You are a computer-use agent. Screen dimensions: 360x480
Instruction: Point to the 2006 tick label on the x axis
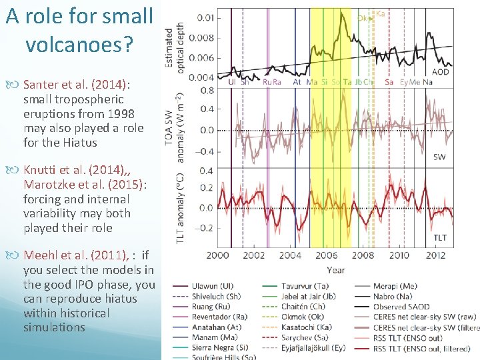pos(327,256)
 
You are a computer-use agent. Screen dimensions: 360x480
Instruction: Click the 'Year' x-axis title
pos(336,269)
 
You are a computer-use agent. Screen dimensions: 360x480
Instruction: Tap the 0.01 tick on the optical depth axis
pos(206,17)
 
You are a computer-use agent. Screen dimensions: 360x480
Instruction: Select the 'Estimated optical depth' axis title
pos(175,45)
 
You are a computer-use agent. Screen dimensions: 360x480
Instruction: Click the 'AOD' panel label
pos(441,72)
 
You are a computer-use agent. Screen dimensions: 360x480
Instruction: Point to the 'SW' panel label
pos(441,157)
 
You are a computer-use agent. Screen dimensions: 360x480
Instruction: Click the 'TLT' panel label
pos(441,237)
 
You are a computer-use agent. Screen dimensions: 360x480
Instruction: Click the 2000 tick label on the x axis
pos(218,256)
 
